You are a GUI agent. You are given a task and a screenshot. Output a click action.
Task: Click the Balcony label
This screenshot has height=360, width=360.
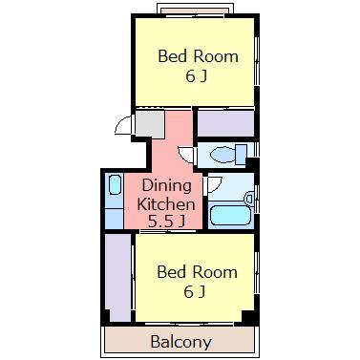coord(180,342)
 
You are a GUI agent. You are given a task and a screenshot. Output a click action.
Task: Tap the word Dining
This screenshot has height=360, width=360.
coord(167,185)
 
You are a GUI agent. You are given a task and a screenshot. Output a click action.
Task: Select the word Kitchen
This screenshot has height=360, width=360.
coord(166,204)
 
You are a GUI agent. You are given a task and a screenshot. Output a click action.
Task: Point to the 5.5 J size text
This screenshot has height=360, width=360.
coord(166,222)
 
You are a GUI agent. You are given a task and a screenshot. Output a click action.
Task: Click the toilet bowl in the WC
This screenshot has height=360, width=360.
coord(222,155)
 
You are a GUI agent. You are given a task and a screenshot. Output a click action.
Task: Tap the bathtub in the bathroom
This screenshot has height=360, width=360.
coord(231,216)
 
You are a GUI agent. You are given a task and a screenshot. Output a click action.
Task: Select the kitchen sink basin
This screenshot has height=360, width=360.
coord(115,184)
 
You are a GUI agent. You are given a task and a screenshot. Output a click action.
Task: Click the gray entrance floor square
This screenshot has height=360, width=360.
coord(150,124)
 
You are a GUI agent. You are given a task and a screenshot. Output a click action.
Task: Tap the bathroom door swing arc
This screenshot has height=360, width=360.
coord(214,185)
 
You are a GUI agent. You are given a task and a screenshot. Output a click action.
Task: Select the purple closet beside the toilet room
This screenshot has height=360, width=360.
coord(225,123)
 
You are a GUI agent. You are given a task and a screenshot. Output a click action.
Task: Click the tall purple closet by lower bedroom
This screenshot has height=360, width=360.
coord(118,278)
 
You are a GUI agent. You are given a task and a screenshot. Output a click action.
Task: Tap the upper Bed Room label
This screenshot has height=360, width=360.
coord(198,56)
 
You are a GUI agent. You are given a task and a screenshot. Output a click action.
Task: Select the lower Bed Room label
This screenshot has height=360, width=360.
coord(198,272)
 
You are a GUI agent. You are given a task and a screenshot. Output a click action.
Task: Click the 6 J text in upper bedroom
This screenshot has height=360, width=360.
coord(197,76)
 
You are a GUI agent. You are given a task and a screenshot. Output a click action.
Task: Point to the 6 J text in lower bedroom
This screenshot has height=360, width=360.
coord(194,292)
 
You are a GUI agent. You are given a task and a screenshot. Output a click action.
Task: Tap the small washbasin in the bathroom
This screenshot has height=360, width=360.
coord(249,199)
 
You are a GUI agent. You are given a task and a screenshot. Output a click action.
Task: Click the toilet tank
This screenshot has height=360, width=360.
coord(242,154)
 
